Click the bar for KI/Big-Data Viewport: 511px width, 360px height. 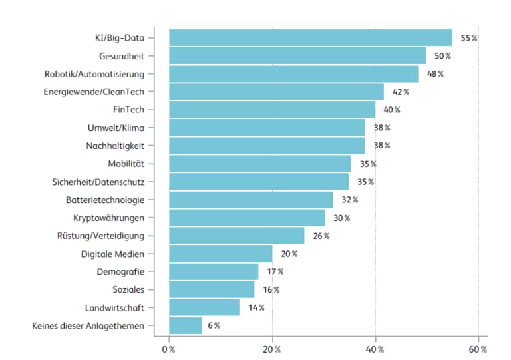point(310,38)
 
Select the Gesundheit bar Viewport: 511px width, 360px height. point(297,56)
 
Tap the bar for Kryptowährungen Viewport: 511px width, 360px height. point(247,218)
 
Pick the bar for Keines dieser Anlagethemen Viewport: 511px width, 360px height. point(185,325)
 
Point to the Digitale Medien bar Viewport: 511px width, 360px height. point(220,254)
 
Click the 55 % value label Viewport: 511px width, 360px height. point(468,38)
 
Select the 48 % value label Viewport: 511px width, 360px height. point(435,74)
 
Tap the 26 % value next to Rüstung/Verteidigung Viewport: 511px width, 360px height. point(321,236)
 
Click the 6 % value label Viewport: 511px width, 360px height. point(212,325)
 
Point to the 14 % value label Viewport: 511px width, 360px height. point(256,307)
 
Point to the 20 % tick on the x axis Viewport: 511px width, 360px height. point(271,349)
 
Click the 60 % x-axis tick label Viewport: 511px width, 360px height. point(478,349)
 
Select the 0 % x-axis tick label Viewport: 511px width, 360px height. point(169,349)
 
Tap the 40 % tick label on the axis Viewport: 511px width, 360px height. point(375,349)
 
